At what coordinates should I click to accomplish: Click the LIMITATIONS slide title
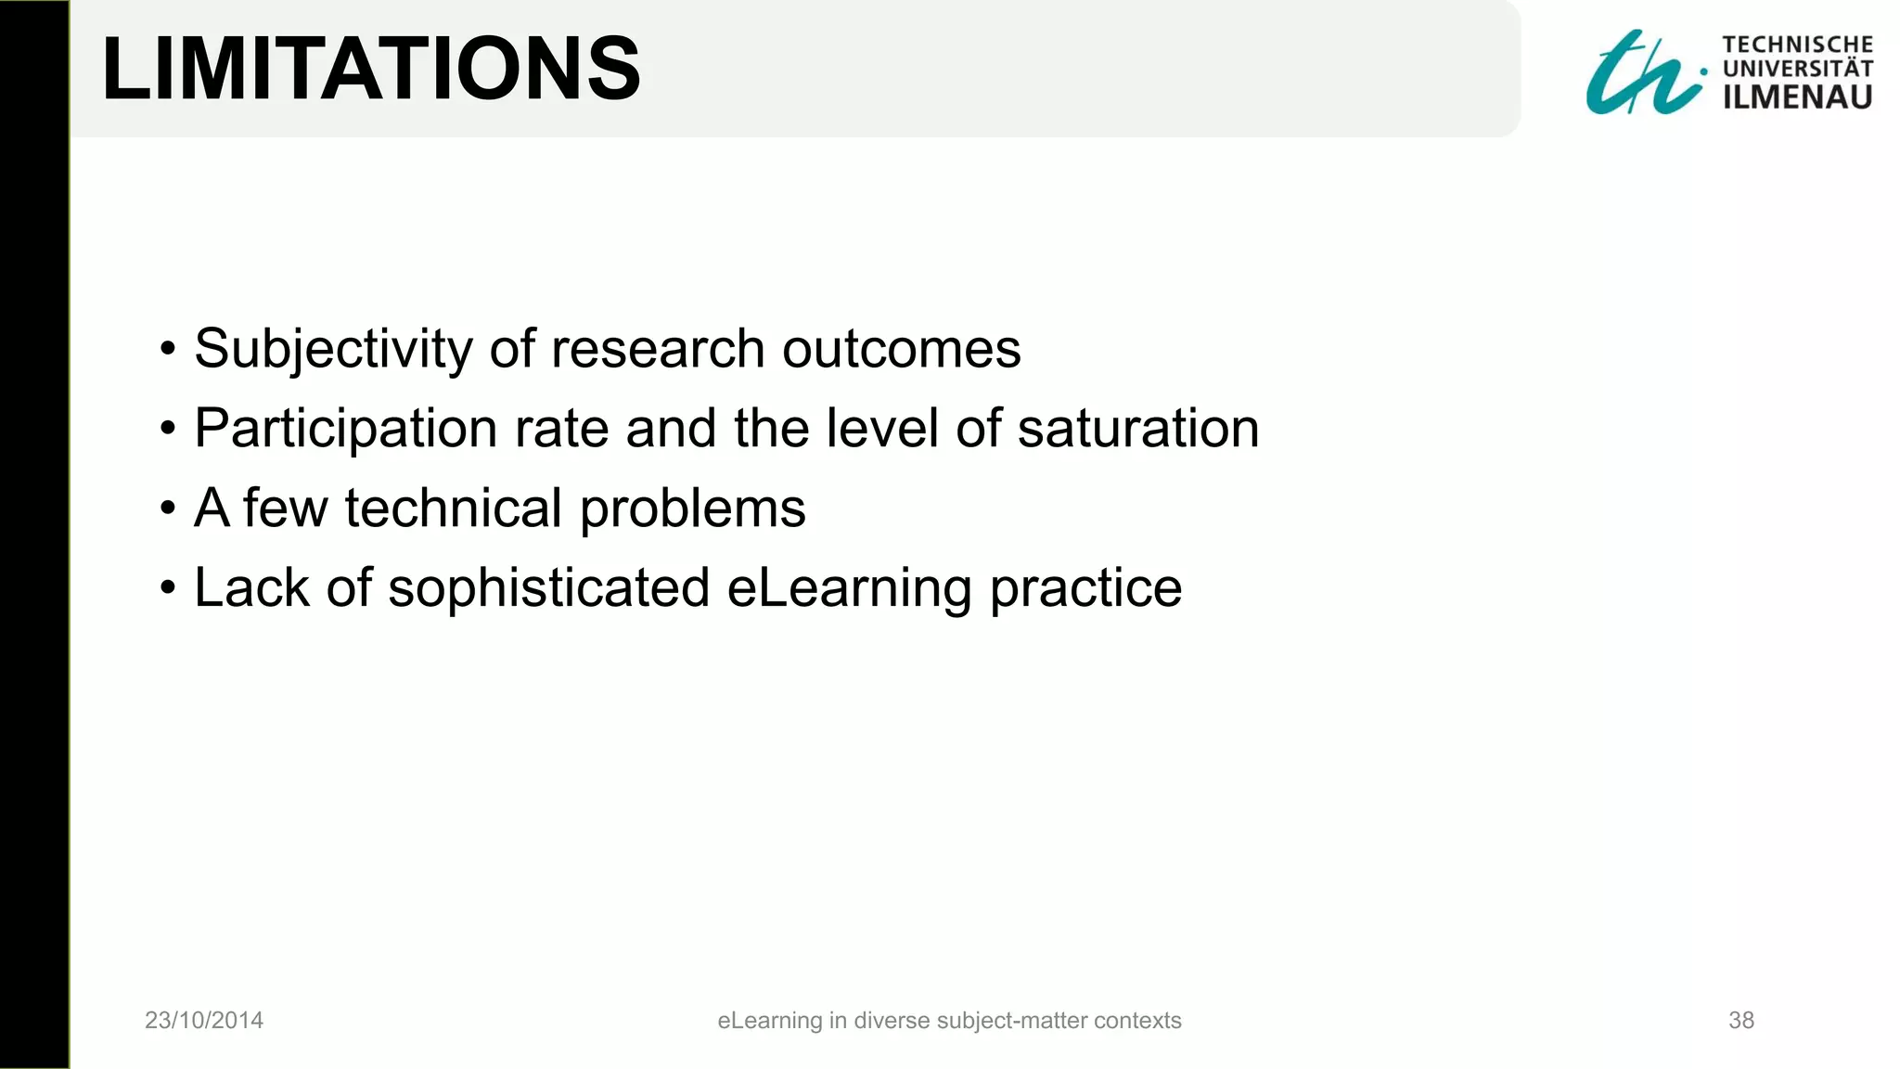pyautogui.click(x=371, y=69)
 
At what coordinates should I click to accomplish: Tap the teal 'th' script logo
pyautogui.click(x=1642, y=74)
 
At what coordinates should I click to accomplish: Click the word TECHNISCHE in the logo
pyautogui.click(x=1797, y=45)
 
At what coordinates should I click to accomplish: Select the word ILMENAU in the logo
pyautogui.click(x=1797, y=97)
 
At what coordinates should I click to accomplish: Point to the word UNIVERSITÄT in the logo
pyautogui.click(x=1797, y=69)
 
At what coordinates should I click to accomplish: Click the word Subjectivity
pyautogui.click(x=333, y=350)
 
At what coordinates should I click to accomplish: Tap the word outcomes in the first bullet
pyautogui.click(x=901, y=350)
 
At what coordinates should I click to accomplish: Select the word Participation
pyautogui.click(x=345, y=430)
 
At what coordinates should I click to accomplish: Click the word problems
pyautogui.click(x=692, y=510)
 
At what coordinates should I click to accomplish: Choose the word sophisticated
pyautogui.click(x=548, y=589)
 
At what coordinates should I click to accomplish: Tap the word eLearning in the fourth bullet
pyautogui.click(x=849, y=589)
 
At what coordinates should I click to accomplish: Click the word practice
pyautogui.click(x=1085, y=589)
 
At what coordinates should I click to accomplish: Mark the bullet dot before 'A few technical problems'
pyautogui.click(x=167, y=509)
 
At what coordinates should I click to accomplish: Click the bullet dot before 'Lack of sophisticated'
pyautogui.click(x=167, y=588)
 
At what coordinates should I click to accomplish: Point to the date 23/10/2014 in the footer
pyautogui.click(x=204, y=1021)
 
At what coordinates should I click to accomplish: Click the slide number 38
pyautogui.click(x=1740, y=1021)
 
